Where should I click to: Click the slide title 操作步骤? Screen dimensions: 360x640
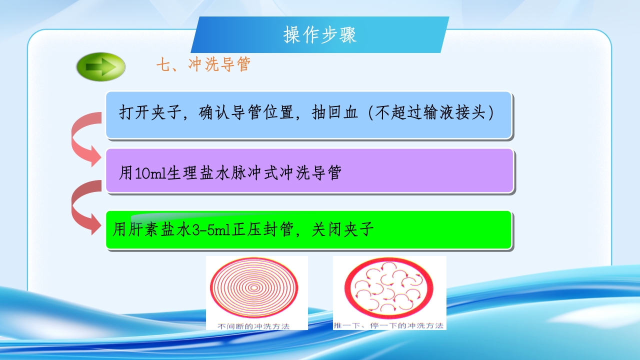pos(320,35)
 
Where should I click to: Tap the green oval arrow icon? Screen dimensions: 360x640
pos(101,66)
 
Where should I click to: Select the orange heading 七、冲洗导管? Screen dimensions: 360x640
pos(203,64)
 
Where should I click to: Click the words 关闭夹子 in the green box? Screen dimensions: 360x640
pos(343,230)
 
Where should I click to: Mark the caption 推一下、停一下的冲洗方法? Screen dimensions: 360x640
pos(389,325)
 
